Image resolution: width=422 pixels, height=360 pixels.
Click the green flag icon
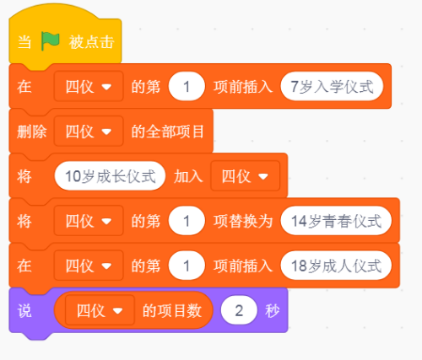coord(51,41)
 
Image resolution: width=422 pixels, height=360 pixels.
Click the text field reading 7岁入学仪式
coord(332,86)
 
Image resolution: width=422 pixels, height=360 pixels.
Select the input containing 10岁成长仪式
coord(110,176)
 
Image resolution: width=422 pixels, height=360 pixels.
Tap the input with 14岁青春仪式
coord(336,221)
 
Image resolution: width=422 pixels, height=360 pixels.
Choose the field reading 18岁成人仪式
coord(336,266)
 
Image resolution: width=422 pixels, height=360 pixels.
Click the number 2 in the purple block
coord(239,310)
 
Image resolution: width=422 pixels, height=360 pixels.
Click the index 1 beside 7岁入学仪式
coord(187,86)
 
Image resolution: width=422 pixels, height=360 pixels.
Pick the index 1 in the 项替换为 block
coord(187,221)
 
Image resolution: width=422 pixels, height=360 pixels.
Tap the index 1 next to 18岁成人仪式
coord(187,266)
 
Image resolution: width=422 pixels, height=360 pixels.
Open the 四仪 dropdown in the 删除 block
coord(89,132)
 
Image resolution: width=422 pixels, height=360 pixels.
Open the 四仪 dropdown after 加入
coord(245,176)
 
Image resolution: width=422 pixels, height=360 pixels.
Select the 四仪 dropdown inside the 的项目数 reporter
coord(100,310)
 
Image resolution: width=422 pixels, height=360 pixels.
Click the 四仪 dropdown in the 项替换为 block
coord(89,221)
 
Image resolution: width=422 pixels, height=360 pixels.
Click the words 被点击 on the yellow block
coord(91,42)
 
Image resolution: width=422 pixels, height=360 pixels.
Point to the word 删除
coord(31,132)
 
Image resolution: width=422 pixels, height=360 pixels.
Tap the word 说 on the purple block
coord(24,311)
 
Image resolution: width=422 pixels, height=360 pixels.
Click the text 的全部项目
coord(168,132)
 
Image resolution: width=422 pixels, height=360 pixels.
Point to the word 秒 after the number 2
coord(273,311)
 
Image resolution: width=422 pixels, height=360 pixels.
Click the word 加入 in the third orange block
coord(188,176)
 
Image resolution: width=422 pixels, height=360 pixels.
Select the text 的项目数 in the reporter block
coord(172,311)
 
